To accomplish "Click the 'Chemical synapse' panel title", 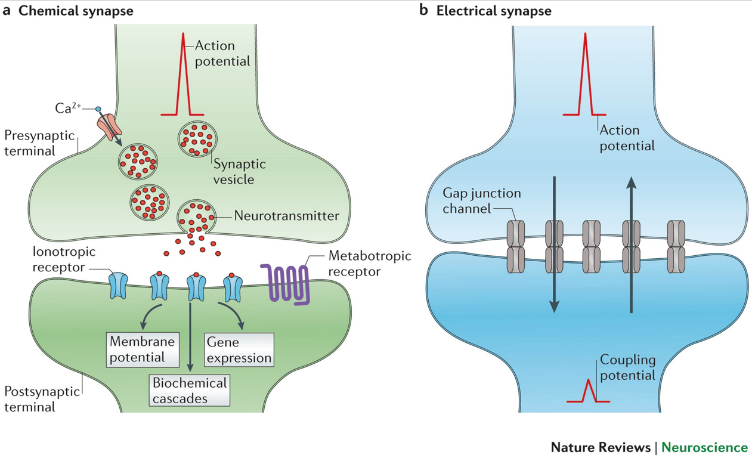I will tap(76, 11).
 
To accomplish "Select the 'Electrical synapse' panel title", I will tap(494, 11).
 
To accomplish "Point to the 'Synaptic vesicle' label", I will tap(240, 171).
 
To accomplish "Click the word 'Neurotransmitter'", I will tap(287, 216).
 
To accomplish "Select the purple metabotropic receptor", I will tap(285, 284).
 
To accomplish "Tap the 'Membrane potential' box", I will tap(143, 349).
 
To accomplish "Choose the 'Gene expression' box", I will tap(239, 349).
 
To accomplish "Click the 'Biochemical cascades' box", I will tap(190, 390).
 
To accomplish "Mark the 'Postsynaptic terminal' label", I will tap(38, 400).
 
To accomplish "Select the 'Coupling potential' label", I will tap(627, 367).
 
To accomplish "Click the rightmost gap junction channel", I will tap(676, 246).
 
